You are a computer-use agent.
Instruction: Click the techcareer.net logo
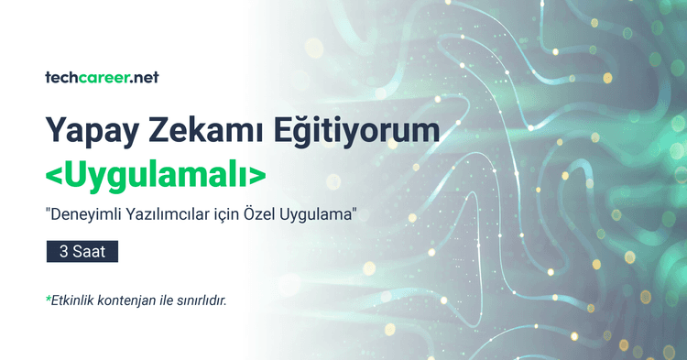102,78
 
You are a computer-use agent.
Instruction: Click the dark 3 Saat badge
82,251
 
